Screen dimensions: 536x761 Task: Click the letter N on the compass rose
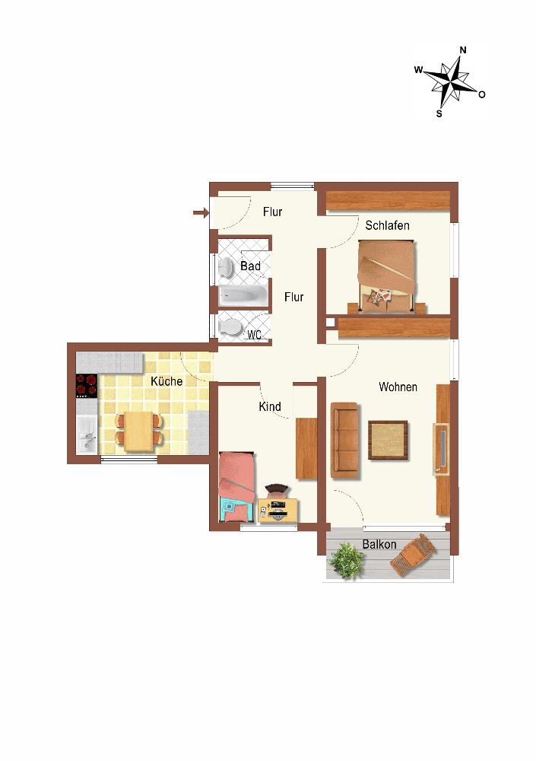(x=463, y=50)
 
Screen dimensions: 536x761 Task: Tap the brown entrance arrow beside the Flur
(x=200, y=212)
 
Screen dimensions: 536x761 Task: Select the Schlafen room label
(x=387, y=226)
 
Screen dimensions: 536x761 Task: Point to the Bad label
(x=250, y=266)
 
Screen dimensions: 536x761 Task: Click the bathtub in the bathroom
(x=242, y=295)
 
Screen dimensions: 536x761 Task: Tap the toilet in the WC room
(x=230, y=327)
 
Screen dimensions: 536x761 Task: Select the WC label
(x=254, y=334)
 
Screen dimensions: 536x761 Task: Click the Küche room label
(x=167, y=381)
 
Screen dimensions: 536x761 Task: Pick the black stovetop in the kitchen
(x=87, y=385)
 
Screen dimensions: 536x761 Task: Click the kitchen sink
(x=87, y=435)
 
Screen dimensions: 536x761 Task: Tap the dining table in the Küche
(x=138, y=431)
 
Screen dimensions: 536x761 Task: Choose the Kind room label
(x=270, y=406)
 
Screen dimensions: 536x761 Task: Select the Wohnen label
(x=398, y=387)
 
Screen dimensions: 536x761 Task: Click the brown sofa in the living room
(x=345, y=441)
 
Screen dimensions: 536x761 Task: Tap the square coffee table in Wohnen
(x=388, y=440)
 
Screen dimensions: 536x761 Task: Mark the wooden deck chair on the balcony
(x=413, y=555)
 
